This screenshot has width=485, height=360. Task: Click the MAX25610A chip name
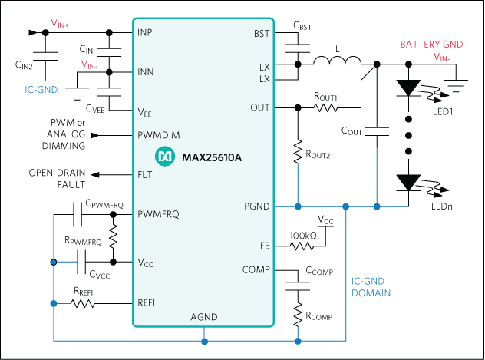pos(212,157)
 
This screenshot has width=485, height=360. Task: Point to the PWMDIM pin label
pos(158,135)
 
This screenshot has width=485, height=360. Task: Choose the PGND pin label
pos(256,206)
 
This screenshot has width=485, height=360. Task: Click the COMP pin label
pos(255,269)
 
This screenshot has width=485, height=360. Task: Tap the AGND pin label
pos(203,318)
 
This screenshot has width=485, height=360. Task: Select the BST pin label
pos(261,34)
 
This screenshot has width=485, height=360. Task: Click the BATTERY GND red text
pos(432,45)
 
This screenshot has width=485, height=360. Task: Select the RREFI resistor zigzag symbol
pos(84,304)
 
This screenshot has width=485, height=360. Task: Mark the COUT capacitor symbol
pos(377,130)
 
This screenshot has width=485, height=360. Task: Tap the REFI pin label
pos(146,302)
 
